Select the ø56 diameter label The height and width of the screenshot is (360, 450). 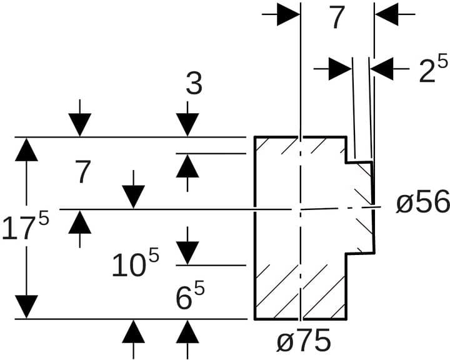(x=422, y=202)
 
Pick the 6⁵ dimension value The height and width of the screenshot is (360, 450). (x=191, y=298)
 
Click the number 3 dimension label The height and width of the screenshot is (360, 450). (x=194, y=85)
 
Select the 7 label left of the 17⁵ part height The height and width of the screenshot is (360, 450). (x=83, y=172)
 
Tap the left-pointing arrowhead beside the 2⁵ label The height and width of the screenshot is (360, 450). (x=382, y=68)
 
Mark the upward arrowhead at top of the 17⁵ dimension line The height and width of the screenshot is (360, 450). (x=26, y=149)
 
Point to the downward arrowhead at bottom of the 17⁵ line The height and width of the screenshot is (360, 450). (x=26, y=306)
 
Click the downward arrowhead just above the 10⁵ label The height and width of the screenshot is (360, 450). (x=187, y=253)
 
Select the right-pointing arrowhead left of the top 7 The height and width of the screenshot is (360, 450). (x=288, y=14)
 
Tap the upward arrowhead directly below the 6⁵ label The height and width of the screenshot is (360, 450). (x=187, y=331)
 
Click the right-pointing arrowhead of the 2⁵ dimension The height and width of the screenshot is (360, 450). (x=340, y=68)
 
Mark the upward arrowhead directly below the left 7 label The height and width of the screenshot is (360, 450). (x=79, y=222)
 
